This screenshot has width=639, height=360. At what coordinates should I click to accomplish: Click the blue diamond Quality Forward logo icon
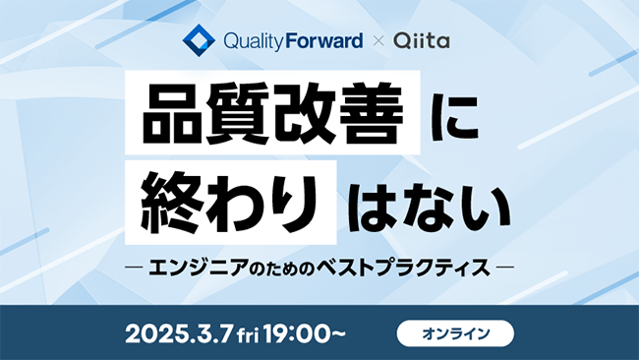200,42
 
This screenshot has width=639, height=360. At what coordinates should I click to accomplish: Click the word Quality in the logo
253,42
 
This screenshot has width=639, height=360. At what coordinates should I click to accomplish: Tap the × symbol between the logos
377,42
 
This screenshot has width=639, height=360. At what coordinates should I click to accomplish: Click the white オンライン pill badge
455,333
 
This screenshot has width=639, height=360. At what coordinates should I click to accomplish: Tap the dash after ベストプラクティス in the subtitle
506,265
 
